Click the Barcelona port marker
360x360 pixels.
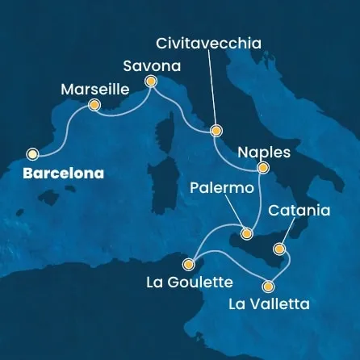(33, 153)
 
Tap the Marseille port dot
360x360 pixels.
(94, 105)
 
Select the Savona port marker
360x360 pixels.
(150, 81)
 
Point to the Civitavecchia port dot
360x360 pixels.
(216, 131)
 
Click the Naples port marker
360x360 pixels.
(262, 168)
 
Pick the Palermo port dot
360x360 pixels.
(247, 233)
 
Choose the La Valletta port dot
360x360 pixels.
(269, 285)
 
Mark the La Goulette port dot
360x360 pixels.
(189, 263)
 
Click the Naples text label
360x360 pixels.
(262, 150)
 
